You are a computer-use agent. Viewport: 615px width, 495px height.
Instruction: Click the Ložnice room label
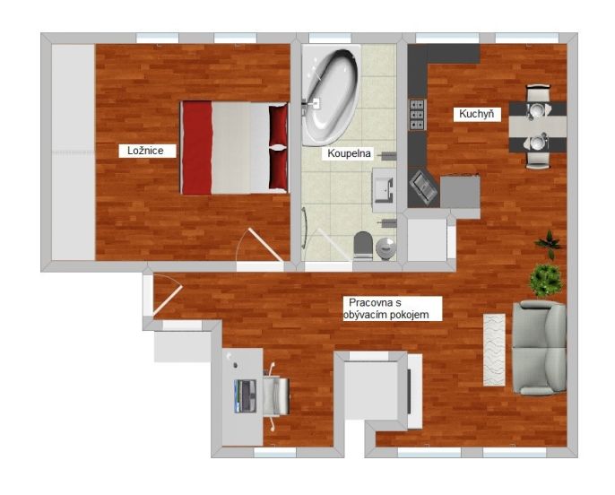145,151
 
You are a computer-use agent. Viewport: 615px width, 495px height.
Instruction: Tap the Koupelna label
349,153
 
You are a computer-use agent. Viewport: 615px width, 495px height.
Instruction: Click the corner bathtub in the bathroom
330,94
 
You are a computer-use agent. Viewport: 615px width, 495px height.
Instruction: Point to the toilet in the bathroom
363,246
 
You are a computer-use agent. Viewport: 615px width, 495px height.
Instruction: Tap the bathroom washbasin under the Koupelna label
384,190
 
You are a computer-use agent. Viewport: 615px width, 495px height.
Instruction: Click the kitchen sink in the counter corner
423,188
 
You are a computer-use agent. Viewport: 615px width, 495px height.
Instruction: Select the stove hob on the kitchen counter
418,115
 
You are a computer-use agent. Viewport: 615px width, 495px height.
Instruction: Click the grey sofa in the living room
540,348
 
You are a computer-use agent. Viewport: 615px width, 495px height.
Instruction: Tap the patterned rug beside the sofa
494,350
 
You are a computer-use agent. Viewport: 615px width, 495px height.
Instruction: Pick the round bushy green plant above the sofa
546,280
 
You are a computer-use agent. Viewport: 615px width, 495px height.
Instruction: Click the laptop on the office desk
245,395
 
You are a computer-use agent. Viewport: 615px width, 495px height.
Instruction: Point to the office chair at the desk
276,396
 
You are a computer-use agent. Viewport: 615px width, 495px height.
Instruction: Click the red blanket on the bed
197,148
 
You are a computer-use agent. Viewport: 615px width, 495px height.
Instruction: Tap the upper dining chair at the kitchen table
538,94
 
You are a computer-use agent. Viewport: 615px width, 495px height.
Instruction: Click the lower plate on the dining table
536,142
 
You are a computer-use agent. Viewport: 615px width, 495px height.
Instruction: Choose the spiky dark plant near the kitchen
550,244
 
